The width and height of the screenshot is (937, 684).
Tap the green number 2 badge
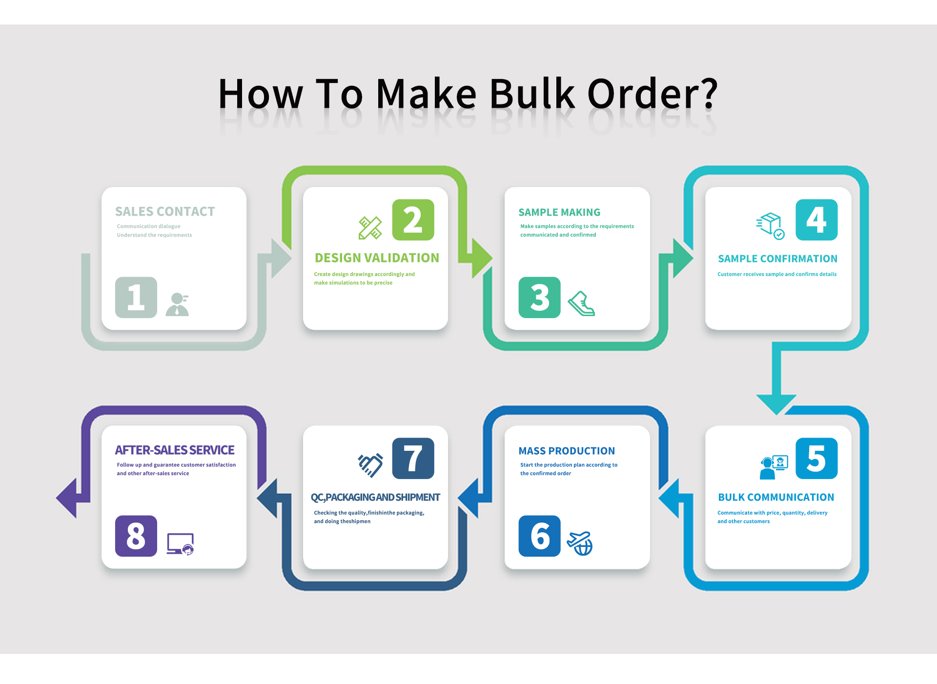point(413,220)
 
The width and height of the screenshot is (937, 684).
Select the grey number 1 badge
point(136,297)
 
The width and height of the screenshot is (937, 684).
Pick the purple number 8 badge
point(136,536)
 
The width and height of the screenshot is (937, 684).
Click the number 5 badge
point(816,458)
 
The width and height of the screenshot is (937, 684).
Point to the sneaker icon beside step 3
point(581,303)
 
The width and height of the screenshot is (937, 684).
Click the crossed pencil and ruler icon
point(370,228)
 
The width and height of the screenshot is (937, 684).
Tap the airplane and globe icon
point(580,543)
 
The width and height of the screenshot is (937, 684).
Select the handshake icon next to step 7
point(370,465)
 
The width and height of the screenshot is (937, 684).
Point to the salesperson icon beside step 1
point(177,304)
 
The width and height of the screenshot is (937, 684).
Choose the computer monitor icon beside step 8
point(181,544)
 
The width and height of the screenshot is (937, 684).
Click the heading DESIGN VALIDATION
point(377,258)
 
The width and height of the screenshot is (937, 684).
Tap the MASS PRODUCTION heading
point(567,451)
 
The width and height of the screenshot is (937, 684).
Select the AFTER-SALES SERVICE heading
point(175,450)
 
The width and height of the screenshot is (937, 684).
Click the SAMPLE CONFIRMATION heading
point(777,259)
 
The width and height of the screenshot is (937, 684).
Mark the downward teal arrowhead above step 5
point(776,404)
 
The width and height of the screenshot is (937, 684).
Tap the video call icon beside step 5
point(774,467)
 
